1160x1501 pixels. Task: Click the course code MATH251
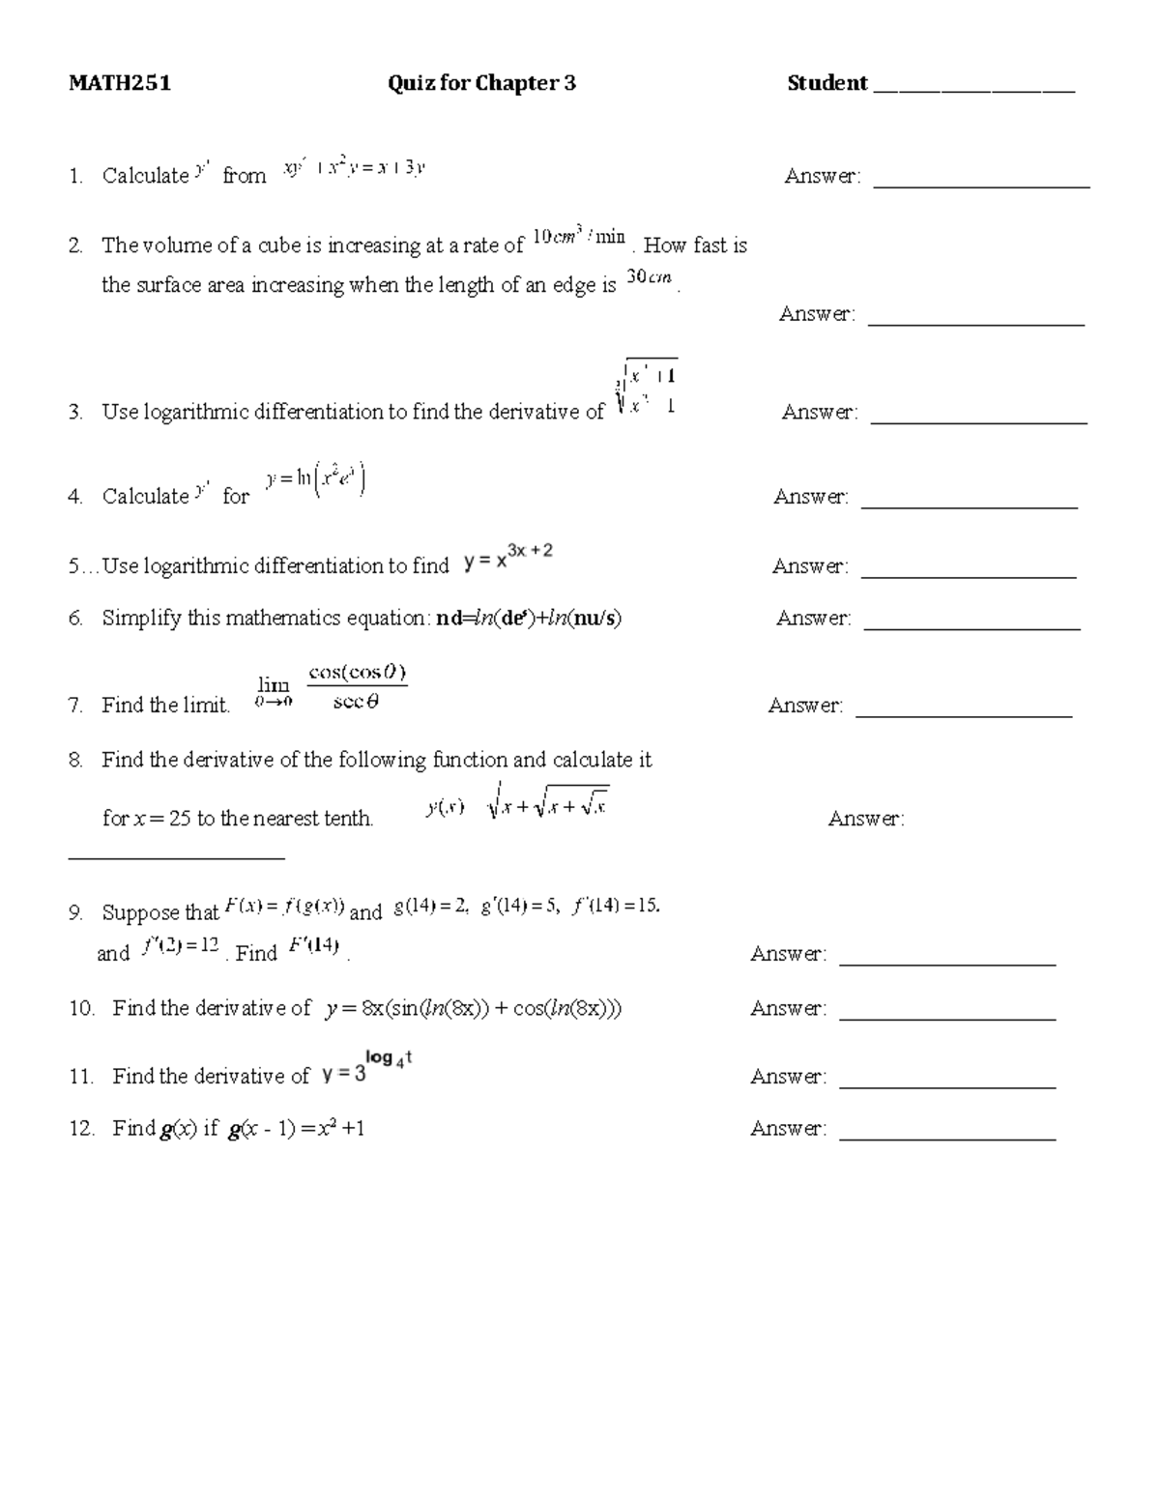tap(119, 83)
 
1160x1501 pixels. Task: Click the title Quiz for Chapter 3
tap(481, 83)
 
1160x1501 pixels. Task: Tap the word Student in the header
tap(827, 83)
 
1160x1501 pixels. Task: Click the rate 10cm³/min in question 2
tap(579, 237)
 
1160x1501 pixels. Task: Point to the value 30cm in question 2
tap(649, 277)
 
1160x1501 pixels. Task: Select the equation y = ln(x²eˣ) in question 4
tap(316, 480)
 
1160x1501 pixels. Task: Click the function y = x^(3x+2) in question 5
tap(507, 557)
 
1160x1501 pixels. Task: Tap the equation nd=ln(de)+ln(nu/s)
tap(529, 619)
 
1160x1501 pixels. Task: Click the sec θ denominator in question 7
tap(356, 703)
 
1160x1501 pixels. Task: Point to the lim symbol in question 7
tap(274, 686)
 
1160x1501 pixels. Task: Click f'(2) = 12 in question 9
tap(181, 946)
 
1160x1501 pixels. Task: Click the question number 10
tap(81, 1009)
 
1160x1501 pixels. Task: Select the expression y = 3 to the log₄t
tap(367, 1068)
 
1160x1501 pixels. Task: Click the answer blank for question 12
tap(947, 1137)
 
